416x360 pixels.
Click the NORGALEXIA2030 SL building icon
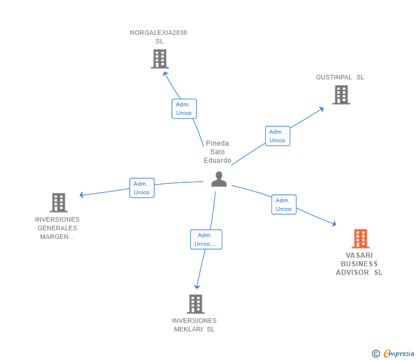(159, 59)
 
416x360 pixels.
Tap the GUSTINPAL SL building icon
(341, 95)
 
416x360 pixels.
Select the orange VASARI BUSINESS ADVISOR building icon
(360, 238)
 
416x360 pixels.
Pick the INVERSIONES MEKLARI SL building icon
(195, 304)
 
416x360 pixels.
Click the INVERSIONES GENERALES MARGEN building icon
(58, 202)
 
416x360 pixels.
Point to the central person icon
(219, 179)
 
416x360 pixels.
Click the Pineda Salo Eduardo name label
(217, 151)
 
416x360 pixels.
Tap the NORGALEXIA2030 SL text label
(158, 37)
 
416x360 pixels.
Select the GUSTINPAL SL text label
(340, 77)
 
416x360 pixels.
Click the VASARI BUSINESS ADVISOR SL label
(359, 264)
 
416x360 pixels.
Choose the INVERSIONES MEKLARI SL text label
(194, 325)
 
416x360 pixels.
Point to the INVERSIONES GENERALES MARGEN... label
(57, 228)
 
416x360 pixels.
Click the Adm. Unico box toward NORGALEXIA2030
(184, 109)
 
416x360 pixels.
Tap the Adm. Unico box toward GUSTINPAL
(278, 136)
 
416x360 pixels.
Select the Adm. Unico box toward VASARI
(283, 205)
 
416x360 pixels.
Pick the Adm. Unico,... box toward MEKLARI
(206, 239)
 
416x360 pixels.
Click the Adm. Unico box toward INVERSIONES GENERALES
(142, 188)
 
